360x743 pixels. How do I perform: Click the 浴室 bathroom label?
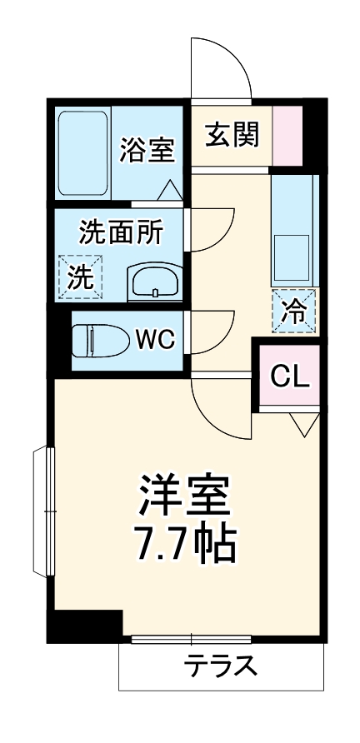(147, 151)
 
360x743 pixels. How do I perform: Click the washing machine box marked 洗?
(80, 275)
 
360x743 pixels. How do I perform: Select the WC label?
(154, 340)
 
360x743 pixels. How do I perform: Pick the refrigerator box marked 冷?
(294, 312)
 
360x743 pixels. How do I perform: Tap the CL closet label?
(290, 376)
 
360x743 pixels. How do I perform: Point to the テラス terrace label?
(220, 667)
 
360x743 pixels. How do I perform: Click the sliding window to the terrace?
(191, 640)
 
